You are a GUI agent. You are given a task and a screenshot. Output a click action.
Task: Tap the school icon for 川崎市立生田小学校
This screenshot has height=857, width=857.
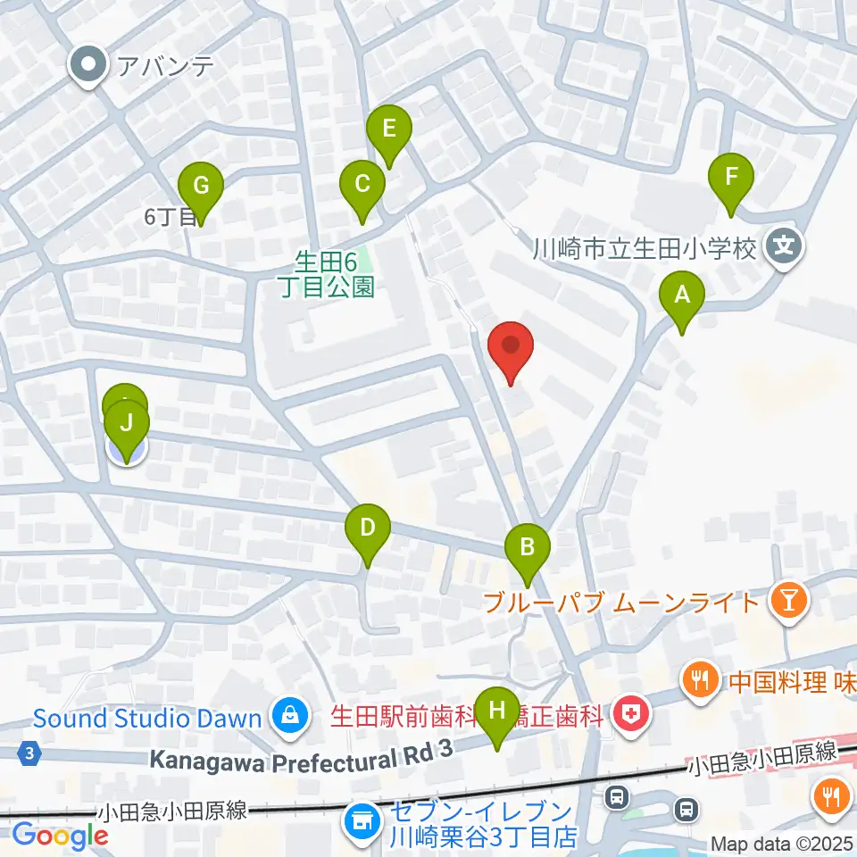(x=785, y=247)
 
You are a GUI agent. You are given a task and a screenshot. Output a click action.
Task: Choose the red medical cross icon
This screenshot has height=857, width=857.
(x=633, y=715)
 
